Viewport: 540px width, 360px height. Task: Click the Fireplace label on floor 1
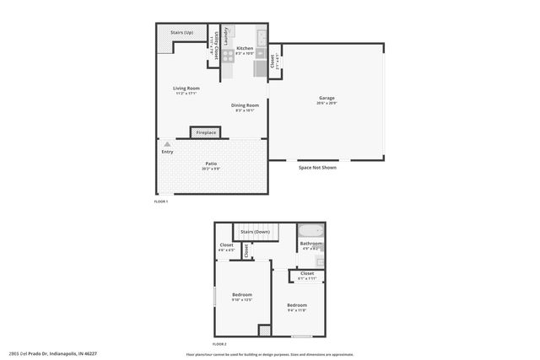click(206, 133)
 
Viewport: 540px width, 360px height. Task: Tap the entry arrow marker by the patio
click(167, 145)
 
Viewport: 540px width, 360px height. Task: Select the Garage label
click(327, 98)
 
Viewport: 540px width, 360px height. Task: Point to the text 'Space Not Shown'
click(317, 168)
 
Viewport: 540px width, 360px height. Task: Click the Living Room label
click(186, 89)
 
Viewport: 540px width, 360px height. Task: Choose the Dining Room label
click(245, 105)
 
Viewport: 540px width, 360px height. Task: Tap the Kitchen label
click(245, 49)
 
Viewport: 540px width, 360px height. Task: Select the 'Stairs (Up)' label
click(181, 33)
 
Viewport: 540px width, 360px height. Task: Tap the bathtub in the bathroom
click(310, 230)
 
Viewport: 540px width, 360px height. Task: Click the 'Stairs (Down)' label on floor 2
click(256, 231)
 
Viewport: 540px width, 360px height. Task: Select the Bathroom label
click(311, 244)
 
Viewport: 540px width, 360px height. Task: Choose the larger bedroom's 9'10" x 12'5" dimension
click(243, 299)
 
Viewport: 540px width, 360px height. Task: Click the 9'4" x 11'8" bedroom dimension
click(296, 310)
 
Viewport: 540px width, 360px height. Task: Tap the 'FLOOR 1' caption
click(161, 201)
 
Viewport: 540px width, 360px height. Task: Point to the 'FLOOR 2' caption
click(219, 345)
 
